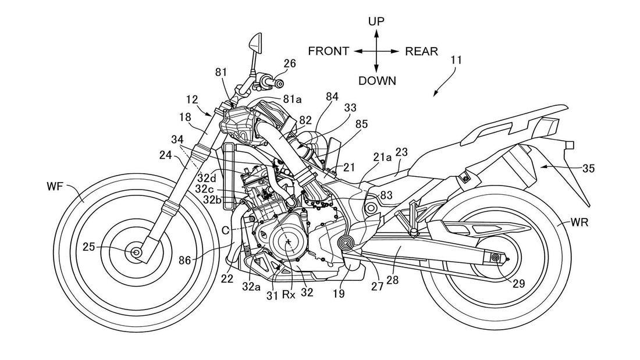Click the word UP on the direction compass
click(x=376, y=22)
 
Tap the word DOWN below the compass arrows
click(x=377, y=81)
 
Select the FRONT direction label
click(x=329, y=51)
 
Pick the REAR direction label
click(x=422, y=51)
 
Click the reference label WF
click(x=57, y=187)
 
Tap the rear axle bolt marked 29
click(x=496, y=258)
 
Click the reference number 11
click(x=456, y=60)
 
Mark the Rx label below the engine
click(x=289, y=294)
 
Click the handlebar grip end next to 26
click(x=272, y=83)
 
